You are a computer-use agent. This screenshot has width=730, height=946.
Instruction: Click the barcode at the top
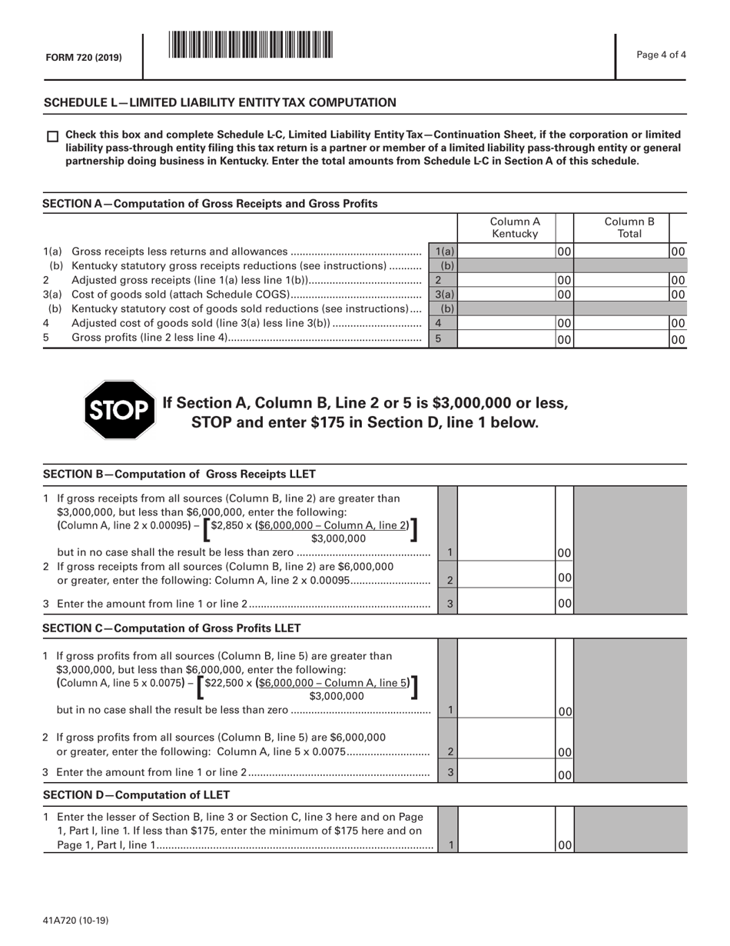click(251, 45)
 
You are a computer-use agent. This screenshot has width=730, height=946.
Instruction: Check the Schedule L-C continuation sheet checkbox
click(52, 136)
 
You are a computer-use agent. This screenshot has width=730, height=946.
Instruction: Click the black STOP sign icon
click(119, 410)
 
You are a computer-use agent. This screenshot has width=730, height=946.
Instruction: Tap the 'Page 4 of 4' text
click(662, 54)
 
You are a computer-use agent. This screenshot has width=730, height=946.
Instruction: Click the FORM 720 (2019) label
click(82, 58)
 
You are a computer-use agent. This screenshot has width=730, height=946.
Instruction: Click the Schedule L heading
click(220, 102)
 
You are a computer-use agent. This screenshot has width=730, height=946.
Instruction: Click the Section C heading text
click(171, 628)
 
